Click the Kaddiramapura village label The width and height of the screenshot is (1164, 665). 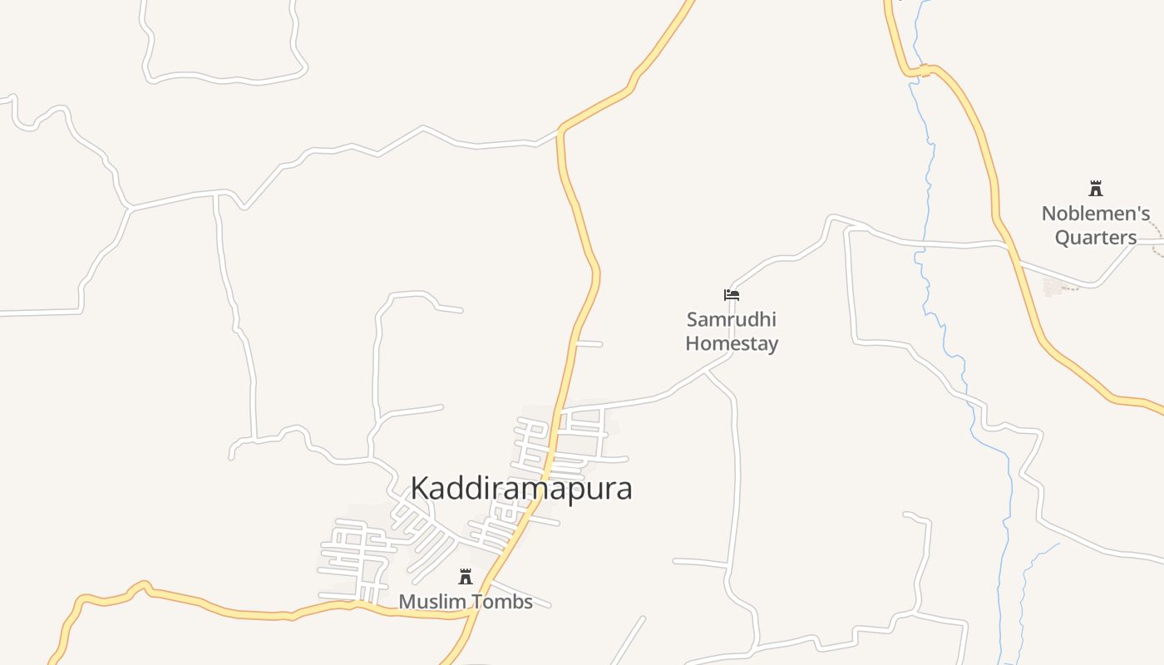521,489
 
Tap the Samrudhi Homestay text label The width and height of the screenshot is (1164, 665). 732,331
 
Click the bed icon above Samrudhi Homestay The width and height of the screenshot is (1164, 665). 732,294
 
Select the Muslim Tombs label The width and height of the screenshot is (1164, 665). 466,601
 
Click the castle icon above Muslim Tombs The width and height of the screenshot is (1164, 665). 466,577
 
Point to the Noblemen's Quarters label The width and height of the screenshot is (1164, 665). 1096,225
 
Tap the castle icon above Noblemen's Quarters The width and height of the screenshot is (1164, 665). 1096,189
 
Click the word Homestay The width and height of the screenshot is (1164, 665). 732,343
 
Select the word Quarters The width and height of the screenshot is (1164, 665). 1096,238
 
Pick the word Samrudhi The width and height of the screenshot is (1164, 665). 732,319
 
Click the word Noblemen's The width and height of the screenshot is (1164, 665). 1096,214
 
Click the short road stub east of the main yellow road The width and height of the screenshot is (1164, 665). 589,343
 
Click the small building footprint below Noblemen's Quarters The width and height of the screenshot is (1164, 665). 1053,287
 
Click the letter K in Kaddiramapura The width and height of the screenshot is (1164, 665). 422,489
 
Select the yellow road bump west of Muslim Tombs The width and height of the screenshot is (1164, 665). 143,587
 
